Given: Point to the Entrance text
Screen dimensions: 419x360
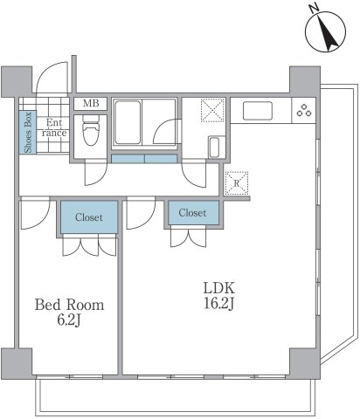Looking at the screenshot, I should pyautogui.click(x=54, y=128).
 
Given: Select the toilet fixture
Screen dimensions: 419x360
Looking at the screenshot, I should pyautogui.click(x=90, y=133).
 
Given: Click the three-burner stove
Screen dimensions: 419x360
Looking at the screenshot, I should pyautogui.click(x=304, y=111).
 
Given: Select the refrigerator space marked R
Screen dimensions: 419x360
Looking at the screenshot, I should pyautogui.click(x=234, y=184).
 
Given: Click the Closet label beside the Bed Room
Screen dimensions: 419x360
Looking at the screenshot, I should pyautogui.click(x=88, y=217).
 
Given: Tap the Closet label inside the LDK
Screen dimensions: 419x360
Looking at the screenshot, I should pyautogui.click(x=192, y=213).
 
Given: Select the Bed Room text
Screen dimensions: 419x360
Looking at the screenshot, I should pyautogui.click(x=69, y=306).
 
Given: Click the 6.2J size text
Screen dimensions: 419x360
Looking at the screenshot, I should pyautogui.click(x=69, y=321).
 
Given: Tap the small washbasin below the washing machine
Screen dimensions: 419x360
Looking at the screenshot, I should pyautogui.click(x=213, y=147).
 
